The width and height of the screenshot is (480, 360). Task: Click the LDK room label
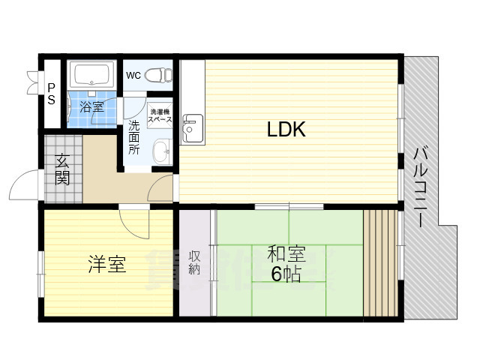(286, 130)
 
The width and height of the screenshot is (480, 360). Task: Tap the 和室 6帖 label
(286, 263)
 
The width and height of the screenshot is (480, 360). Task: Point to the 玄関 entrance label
(61, 169)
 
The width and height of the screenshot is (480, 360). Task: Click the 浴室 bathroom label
(91, 106)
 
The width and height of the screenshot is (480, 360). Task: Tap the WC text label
(133, 75)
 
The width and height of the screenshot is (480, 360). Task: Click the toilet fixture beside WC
(157, 75)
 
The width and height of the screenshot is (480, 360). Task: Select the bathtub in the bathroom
(92, 76)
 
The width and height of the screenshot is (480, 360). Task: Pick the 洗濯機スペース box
(160, 115)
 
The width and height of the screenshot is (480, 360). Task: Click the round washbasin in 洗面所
(160, 153)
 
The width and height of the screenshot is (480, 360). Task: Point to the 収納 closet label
(194, 262)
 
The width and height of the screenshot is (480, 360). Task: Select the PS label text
(51, 93)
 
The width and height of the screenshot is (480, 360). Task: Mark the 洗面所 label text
(133, 136)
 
